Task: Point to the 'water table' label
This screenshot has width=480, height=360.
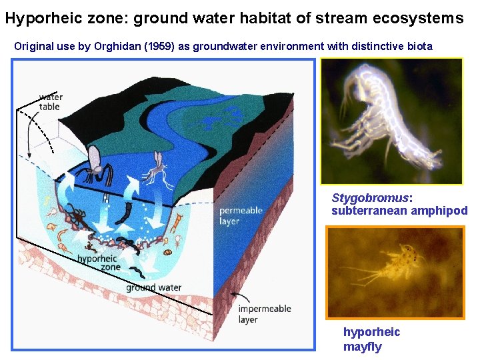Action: click(x=49, y=102)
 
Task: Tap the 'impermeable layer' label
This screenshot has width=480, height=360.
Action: click(x=264, y=314)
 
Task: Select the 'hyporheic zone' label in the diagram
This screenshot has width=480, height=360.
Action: click(x=98, y=263)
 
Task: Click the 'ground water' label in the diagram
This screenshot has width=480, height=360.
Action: click(x=153, y=288)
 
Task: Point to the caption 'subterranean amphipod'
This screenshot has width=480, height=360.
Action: click(x=399, y=211)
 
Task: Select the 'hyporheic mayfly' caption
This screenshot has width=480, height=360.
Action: click(x=371, y=339)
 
